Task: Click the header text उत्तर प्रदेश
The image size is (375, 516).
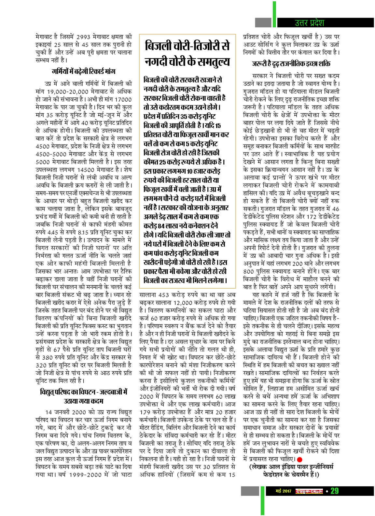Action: click(x=309, y=23)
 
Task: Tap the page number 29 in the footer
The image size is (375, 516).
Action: click(x=335, y=491)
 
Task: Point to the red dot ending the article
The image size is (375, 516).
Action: click(x=299, y=459)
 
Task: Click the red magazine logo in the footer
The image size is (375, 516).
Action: click(x=309, y=491)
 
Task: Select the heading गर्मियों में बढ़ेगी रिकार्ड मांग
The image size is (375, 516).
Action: click(x=83, y=71)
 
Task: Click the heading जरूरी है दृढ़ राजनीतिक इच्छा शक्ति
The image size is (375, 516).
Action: click(x=291, y=64)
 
